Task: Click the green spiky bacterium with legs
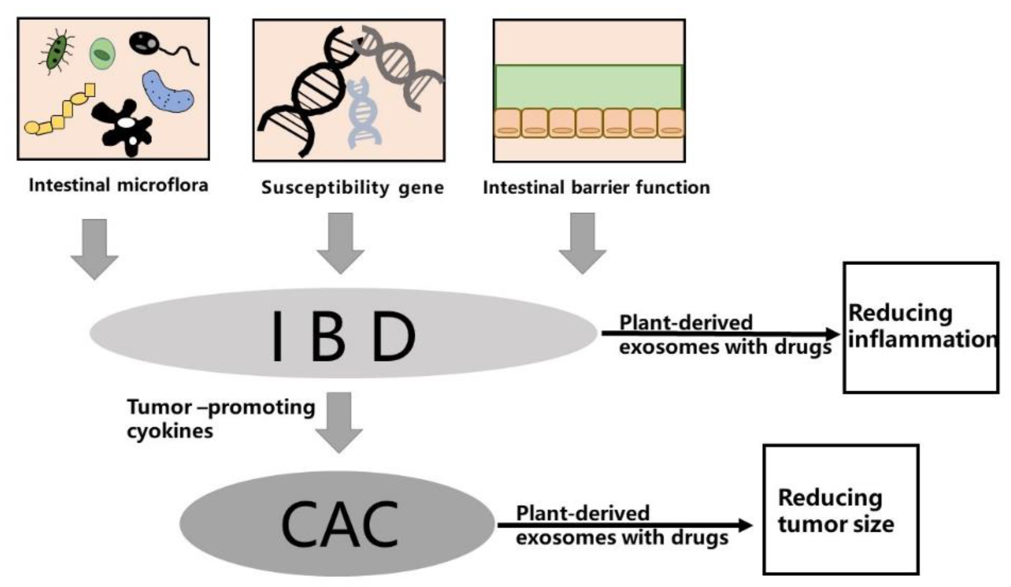57,52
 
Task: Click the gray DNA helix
397,64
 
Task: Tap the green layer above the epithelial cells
588,87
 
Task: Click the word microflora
163,186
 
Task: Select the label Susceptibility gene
352,188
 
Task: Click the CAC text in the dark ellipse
339,524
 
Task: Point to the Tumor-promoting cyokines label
220,419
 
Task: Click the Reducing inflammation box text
921,327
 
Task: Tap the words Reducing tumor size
836,511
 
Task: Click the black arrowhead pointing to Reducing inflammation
832,334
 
